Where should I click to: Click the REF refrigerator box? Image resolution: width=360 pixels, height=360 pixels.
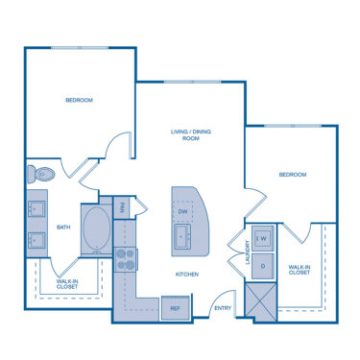176,308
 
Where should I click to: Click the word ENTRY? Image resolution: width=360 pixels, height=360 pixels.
223,308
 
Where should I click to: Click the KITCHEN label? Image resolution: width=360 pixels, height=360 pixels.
186,275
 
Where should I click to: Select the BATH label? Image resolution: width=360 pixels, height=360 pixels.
63,228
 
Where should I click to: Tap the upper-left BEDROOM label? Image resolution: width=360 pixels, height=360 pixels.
79,100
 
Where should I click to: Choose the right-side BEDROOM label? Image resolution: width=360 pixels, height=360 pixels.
292,175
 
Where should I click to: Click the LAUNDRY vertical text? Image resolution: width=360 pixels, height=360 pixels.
248,252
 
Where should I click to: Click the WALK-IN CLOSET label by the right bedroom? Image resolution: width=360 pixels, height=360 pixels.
300,270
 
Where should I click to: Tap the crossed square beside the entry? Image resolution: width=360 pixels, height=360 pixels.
260,301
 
